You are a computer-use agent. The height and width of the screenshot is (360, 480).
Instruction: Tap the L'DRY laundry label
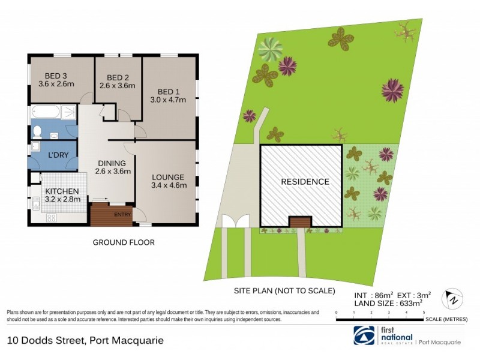[58, 155]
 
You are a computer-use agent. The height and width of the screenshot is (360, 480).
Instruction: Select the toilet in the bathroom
[37, 130]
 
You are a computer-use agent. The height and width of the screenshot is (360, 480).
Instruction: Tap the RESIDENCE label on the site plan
[305, 182]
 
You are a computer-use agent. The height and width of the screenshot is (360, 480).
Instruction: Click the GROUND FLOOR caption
[123, 242]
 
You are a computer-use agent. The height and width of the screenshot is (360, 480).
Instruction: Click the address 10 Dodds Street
[85, 341]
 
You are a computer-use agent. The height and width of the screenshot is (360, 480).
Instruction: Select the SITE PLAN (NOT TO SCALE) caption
[283, 290]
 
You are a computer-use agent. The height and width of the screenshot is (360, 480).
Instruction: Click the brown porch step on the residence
[299, 223]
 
